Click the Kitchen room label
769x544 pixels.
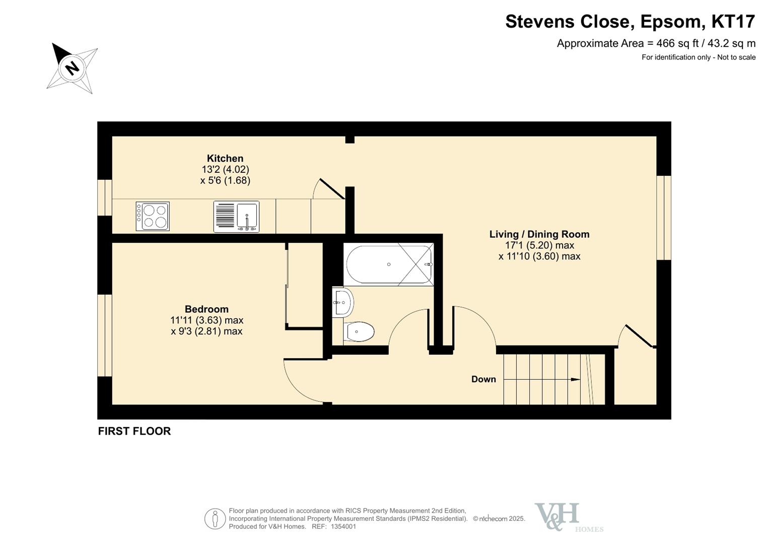225,158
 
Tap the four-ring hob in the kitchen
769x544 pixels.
153,216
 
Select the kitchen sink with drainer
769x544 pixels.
236,217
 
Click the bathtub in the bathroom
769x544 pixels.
389,264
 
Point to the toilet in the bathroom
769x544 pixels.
359,332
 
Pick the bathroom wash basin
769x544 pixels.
343,302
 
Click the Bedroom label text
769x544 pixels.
206,309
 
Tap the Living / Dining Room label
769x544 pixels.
539,234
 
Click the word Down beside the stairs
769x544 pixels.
483,379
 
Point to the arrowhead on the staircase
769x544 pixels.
576,379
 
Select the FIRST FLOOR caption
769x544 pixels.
134,431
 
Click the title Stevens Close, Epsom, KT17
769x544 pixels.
630,21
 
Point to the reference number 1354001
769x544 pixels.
343,526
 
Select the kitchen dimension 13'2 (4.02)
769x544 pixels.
225,169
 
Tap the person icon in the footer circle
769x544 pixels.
215,519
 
